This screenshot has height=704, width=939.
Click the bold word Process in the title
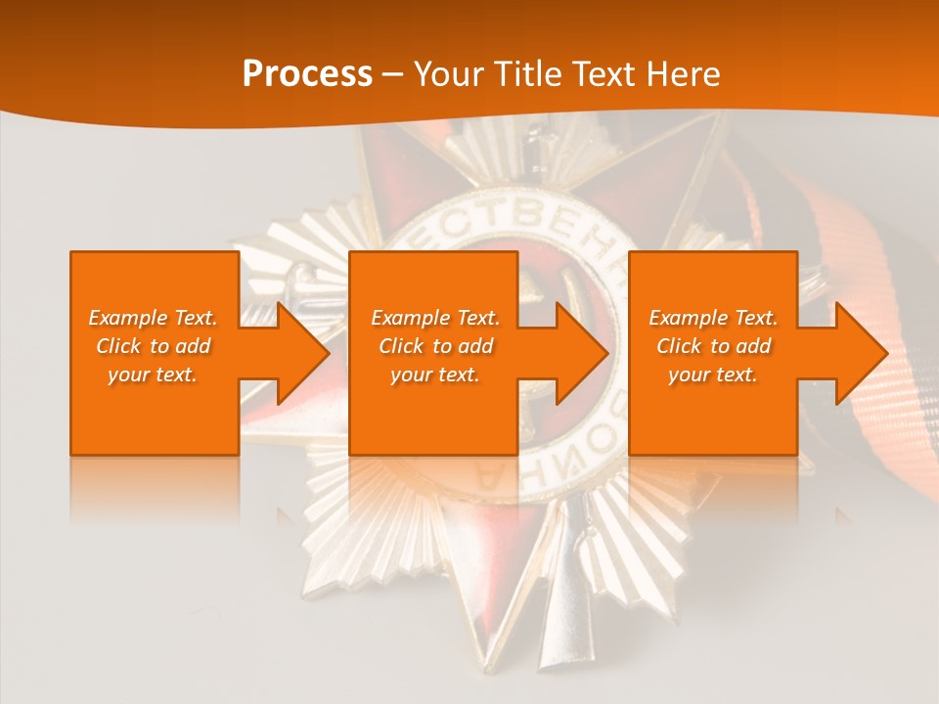(x=307, y=74)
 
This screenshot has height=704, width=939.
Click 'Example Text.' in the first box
(x=153, y=318)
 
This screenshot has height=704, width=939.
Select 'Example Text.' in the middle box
(x=435, y=318)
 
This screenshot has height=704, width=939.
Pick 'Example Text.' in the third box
(x=713, y=318)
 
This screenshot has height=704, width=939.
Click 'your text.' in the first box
(x=153, y=374)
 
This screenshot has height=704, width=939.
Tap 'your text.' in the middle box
(x=435, y=374)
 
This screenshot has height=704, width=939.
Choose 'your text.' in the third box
(x=713, y=374)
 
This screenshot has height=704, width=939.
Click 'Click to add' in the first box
(x=153, y=346)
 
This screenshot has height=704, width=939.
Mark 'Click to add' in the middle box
(x=435, y=346)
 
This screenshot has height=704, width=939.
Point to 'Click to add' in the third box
(x=713, y=346)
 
